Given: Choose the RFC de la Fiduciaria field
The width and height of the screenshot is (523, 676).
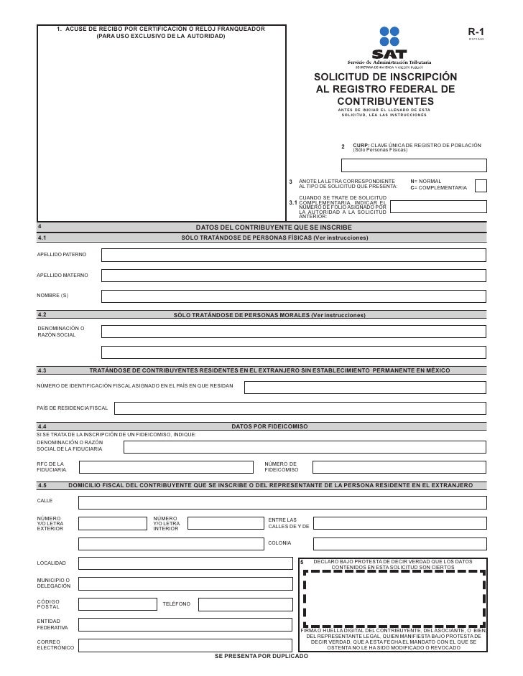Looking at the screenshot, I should coord(168,468).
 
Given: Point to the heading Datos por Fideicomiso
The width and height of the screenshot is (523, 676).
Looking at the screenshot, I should coord(271,426).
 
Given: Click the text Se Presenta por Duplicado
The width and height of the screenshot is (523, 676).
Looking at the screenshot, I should coord(261,657).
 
